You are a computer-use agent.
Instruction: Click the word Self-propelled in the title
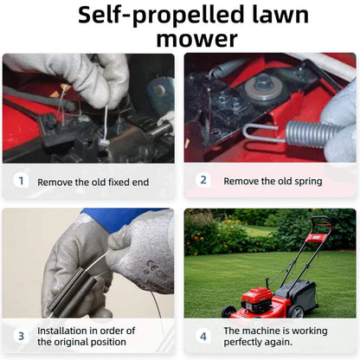161,15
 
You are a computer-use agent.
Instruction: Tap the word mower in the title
197,39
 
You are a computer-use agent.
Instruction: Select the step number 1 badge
21,181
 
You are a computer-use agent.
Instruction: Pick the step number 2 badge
203,180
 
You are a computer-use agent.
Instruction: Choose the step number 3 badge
21,336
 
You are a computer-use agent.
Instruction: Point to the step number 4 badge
203,336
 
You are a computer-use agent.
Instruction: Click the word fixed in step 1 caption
119,182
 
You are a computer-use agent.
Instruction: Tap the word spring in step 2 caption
308,182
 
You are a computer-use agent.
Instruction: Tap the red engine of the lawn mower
258,299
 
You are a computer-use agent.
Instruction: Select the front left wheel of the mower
228,312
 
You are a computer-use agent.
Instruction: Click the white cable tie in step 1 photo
105,124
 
